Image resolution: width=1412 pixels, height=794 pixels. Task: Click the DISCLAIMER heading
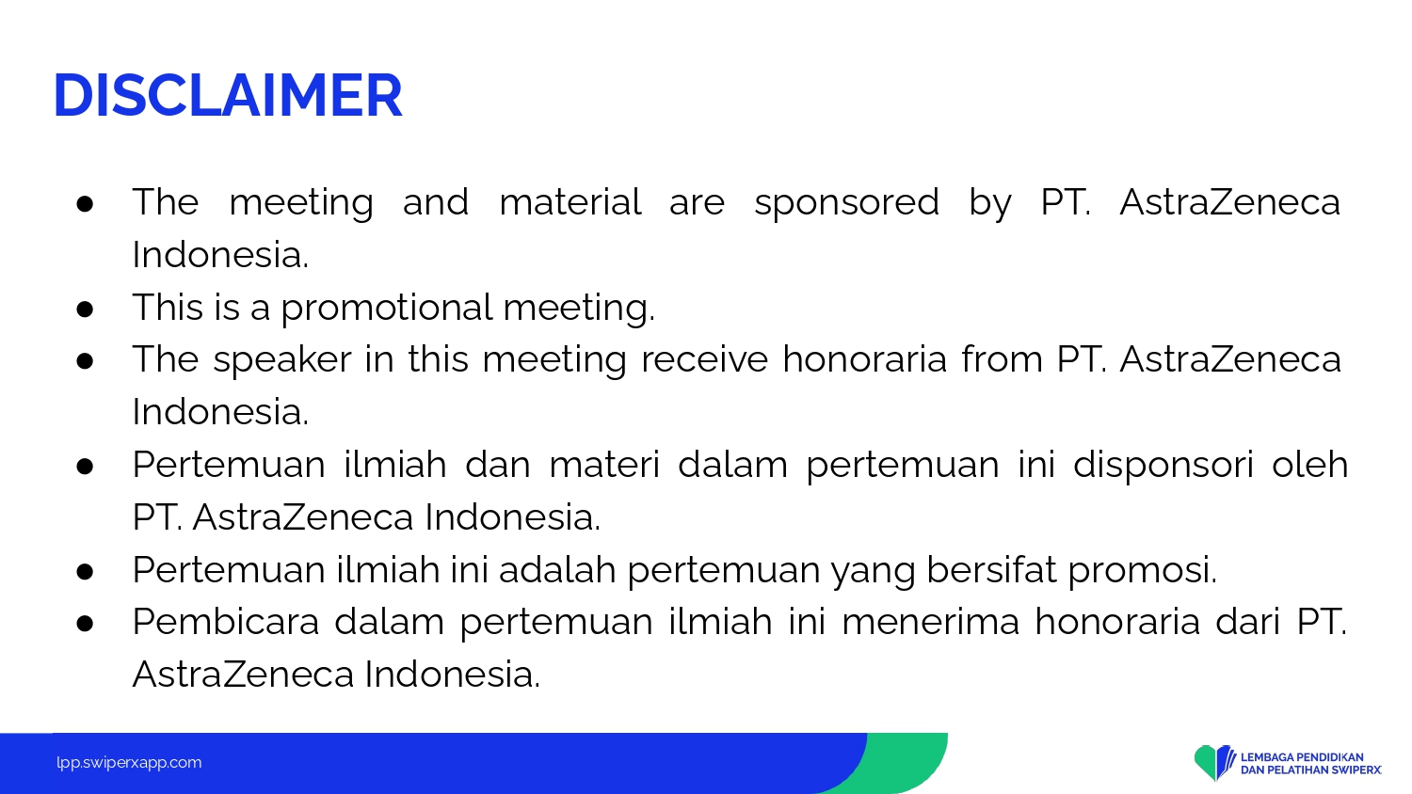tap(228, 95)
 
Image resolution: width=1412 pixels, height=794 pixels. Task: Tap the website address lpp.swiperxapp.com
tap(129, 763)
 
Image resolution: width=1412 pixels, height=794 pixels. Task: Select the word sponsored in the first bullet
tap(846, 203)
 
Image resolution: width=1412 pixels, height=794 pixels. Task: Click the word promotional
tap(386, 309)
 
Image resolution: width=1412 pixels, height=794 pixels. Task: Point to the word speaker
tap(282, 359)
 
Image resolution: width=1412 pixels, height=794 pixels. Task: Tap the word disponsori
tap(1163, 466)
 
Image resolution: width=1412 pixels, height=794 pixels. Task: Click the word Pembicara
tap(226, 622)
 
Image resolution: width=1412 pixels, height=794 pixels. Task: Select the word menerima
tap(930, 622)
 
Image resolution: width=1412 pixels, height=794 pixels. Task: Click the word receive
tap(705, 359)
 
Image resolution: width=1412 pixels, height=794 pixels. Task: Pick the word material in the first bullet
tap(570, 202)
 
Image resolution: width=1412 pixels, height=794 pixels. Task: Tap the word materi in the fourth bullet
tap(604, 465)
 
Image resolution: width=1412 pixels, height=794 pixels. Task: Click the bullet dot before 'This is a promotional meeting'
tap(85, 310)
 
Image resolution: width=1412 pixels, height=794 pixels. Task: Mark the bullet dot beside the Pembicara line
tap(85, 623)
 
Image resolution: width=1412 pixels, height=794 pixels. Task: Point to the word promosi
tap(1142, 571)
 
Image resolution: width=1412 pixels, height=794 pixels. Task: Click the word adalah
tap(557, 570)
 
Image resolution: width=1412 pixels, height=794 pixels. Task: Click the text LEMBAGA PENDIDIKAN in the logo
tap(1302, 757)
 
